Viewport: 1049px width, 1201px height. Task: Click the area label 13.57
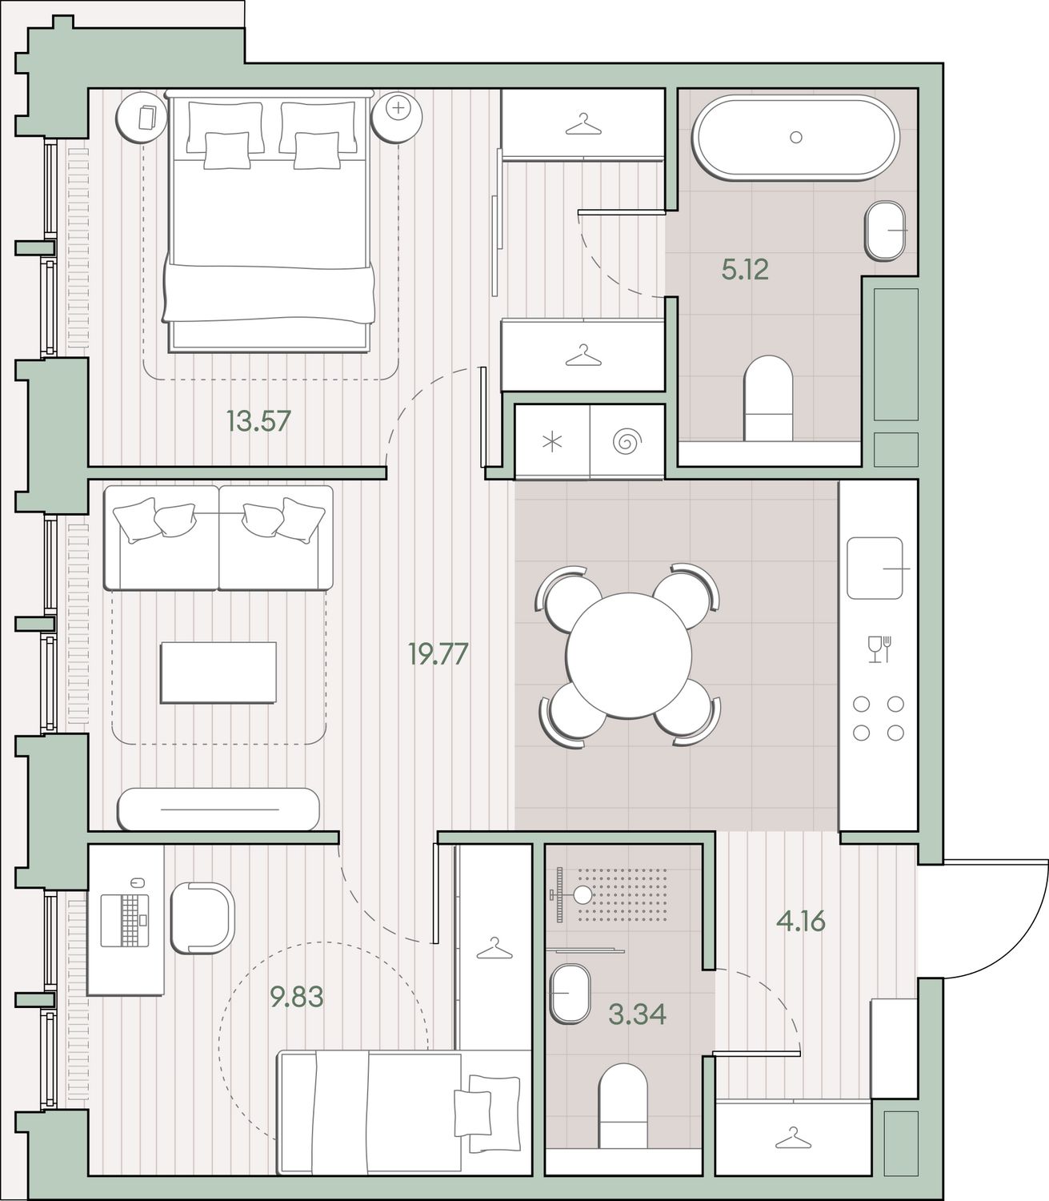click(258, 421)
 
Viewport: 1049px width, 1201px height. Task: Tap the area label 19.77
click(438, 654)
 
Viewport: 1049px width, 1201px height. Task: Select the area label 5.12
click(745, 270)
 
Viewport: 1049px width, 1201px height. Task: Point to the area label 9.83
click(296, 997)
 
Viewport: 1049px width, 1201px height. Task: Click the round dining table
click(629, 654)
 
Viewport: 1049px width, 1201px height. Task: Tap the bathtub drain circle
click(796, 137)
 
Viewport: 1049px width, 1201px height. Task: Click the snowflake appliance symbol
click(552, 442)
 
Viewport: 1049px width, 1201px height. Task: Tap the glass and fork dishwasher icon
click(879, 649)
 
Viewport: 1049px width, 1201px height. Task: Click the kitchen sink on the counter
click(874, 568)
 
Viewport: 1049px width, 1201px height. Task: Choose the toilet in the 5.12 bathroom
click(768, 399)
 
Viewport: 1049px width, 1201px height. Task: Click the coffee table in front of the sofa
click(218, 673)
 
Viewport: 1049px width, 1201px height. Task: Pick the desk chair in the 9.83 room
click(203, 918)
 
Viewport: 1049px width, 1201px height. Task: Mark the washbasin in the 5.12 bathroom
click(884, 231)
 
